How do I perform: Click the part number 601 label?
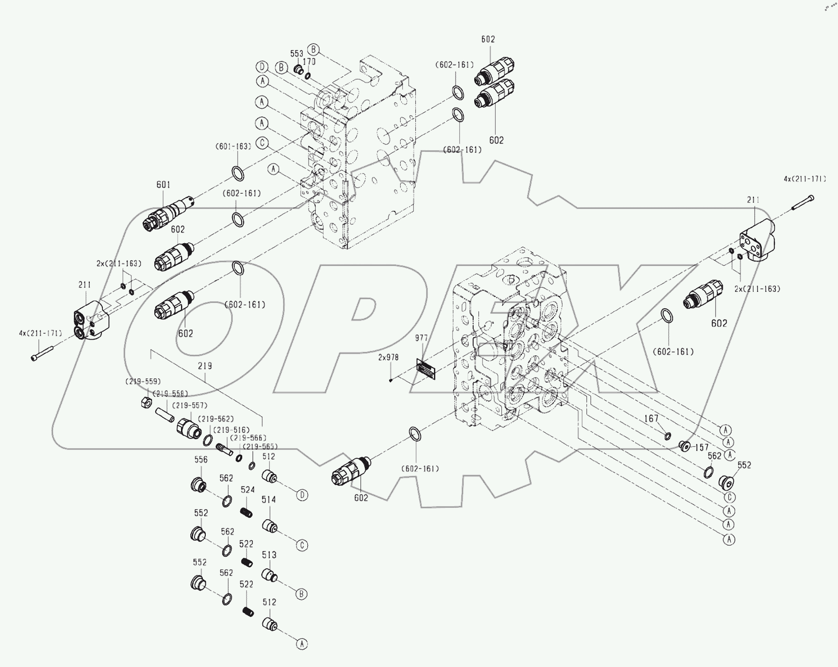pos(163,185)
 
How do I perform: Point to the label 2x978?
pos(389,357)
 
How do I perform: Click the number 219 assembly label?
pos(205,366)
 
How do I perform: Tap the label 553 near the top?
pos(296,54)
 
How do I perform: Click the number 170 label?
pos(309,61)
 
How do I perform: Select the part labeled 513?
pos(269,576)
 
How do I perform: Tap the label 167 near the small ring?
pos(651,419)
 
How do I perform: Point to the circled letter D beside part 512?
pos(303,495)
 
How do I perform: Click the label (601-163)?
pos(233,146)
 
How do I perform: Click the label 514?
pos(268,500)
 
